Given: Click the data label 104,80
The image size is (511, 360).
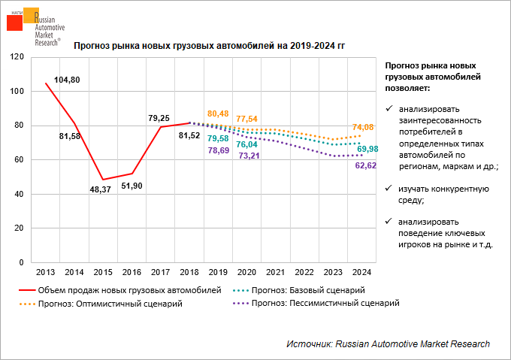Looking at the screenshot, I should click(68, 80).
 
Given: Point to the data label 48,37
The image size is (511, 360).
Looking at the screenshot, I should click(100, 189).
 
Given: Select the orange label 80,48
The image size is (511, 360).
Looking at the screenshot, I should click(218, 113).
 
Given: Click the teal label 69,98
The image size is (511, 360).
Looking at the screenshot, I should click(366, 149).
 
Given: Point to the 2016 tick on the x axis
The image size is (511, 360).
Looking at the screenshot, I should click(132, 272).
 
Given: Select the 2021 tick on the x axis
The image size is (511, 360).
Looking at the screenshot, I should click(275, 272).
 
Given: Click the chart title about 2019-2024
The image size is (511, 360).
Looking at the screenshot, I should click(210, 46).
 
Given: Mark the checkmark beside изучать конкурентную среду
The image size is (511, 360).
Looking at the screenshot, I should click(388, 189).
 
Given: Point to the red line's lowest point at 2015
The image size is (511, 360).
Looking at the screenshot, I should click(104, 180).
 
